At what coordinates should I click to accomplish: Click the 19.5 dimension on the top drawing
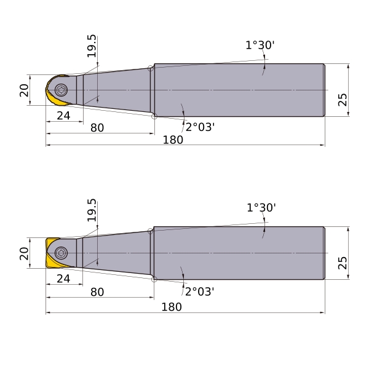(x=92, y=46)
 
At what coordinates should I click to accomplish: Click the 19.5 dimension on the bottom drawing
(x=92, y=210)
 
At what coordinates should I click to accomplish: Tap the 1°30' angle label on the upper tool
(x=260, y=45)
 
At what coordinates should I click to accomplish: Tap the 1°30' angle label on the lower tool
(x=261, y=208)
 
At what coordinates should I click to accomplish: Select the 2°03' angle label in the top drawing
(x=200, y=127)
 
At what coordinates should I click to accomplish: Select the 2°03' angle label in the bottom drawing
(x=200, y=292)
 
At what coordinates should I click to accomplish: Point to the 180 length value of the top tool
(x=173, y=140)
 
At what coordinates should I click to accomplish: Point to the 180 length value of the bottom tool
(x=172, y=307)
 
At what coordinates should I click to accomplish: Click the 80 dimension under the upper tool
(x=97, y=128)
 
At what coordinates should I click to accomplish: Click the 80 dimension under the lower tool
(x=97, y=292)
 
